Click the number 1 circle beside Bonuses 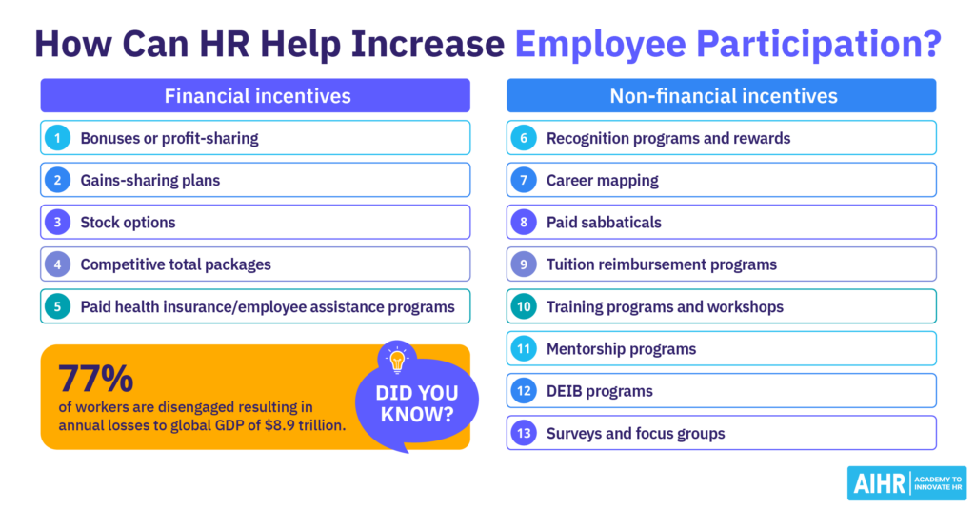tap(57, 138)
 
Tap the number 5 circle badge tap(57, 306)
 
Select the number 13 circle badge tap(524, 433)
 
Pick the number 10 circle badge tap(524, 306)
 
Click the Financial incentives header tap(254, 96)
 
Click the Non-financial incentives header tap(722, 96)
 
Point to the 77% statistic tap(95, 379)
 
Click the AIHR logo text tap(878, 483)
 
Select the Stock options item tap(128, 223)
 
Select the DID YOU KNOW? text tap(416, 403)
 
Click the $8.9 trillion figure tap(303, 424)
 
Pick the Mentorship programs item tap(621, 349)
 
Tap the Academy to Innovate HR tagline tap(937, 483)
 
